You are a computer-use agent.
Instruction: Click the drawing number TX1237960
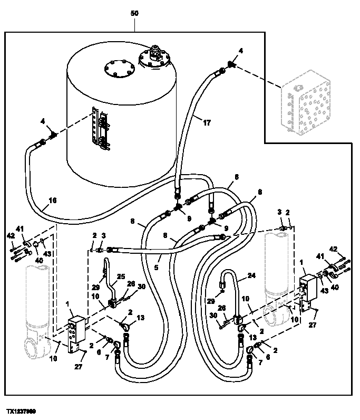pyautogui.click(x=21, y=410)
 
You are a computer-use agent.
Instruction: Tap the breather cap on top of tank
pyautogui.click(x=155, y=53)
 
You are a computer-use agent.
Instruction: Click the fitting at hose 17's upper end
pyautogui.click(x=230, y=65)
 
